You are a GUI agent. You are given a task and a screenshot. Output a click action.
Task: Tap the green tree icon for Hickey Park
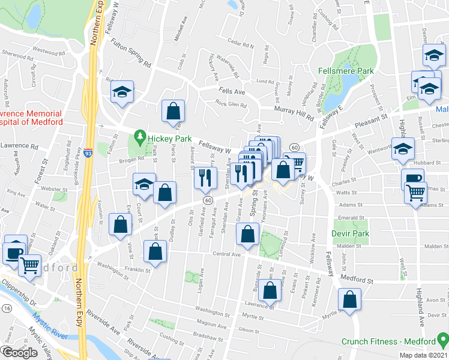140,136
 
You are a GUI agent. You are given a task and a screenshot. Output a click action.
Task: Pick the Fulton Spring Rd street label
130,53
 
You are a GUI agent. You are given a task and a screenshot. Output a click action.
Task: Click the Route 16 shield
7,308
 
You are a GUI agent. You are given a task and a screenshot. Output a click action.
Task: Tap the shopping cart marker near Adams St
415,193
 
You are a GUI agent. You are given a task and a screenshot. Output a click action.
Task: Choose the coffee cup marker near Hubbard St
413,179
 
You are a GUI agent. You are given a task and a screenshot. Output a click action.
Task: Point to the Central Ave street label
226,254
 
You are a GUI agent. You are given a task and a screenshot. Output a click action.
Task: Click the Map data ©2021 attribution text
423,355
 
